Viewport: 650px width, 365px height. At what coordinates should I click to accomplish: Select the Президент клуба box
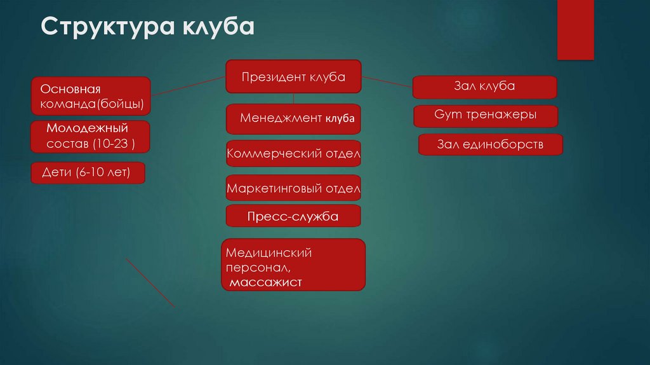tap(293, 77)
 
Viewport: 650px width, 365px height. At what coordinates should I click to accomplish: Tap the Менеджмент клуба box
tap(293, 119)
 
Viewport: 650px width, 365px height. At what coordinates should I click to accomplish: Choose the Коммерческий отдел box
tap(293, 153)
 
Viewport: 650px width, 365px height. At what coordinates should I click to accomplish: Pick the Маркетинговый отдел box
tap(293, 188)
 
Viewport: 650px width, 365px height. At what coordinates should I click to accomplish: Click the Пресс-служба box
tap(293, 216)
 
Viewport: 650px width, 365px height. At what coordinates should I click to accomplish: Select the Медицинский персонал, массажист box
tap(293, 265)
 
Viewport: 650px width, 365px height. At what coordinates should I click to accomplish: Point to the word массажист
tap(267, 282)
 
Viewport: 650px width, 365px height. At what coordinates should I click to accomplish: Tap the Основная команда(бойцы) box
tap(91, 95)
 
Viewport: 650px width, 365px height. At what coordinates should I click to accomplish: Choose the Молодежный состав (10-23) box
tap(90, 137)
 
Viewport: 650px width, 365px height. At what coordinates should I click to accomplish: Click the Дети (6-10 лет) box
tap(88, 173)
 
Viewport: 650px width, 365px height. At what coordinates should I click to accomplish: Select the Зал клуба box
tap(484, 86)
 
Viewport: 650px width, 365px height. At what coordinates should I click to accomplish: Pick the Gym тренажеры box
tap(486, 116)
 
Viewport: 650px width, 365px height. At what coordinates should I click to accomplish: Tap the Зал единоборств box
tap(490, 144)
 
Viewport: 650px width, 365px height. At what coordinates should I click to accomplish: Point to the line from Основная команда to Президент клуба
tap(189, 86)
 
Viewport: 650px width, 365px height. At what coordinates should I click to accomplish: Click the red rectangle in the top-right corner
tap(575, 29)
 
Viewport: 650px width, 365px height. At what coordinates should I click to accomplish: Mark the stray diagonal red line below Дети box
tap(150, 282)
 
